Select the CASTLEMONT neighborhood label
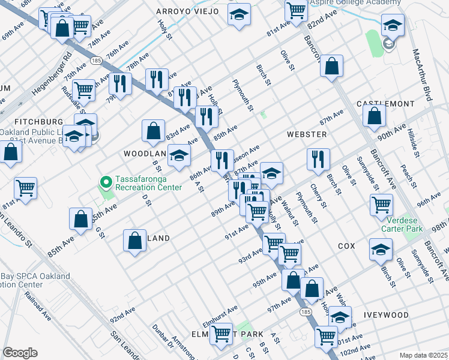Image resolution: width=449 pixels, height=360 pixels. click(385, 104)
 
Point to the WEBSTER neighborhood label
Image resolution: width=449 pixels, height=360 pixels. click(306, 134)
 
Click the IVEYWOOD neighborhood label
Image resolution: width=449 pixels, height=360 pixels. click(386, 315)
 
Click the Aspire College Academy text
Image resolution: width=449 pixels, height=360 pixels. click(356, 3)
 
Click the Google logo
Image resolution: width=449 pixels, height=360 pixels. click(20, 352)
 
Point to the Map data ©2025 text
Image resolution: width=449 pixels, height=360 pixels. click(424, 355)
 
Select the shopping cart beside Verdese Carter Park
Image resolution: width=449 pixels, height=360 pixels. click(381, 205)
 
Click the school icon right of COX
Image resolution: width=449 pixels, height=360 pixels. click(381, 249)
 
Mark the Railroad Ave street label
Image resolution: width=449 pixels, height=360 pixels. click(38, 303)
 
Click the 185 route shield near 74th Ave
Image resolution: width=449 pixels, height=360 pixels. click(97, 60)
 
